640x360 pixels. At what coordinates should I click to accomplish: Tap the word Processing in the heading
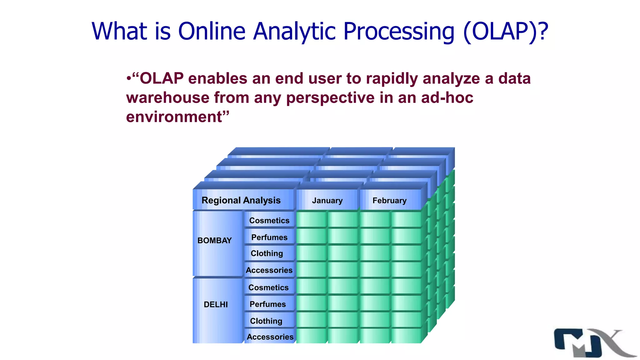(399, 31)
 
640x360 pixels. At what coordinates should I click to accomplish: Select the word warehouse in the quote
(167, 97)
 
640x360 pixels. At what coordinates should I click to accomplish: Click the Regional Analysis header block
(241, 200)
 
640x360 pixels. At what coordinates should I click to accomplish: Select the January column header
(327, 200)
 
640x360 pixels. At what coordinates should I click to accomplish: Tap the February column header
(389, 200)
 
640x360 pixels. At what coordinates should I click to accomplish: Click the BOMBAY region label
(214, 240)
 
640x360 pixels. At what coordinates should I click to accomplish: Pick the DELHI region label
(216, 304)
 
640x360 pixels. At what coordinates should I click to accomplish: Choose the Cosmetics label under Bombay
(269, 220)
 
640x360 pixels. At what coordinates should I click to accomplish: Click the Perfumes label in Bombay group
(269, 237)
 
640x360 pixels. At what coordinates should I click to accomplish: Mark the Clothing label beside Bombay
(267, 253)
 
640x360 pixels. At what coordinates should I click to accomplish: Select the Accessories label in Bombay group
(269, 270)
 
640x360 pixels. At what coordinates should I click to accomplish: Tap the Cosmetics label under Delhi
(268, 287)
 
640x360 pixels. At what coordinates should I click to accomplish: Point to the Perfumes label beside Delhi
(267, 304)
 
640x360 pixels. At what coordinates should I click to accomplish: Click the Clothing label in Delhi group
(266, 321)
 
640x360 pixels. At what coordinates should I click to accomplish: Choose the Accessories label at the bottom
(270, 337)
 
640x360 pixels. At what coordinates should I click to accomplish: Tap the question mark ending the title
(543, 31)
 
